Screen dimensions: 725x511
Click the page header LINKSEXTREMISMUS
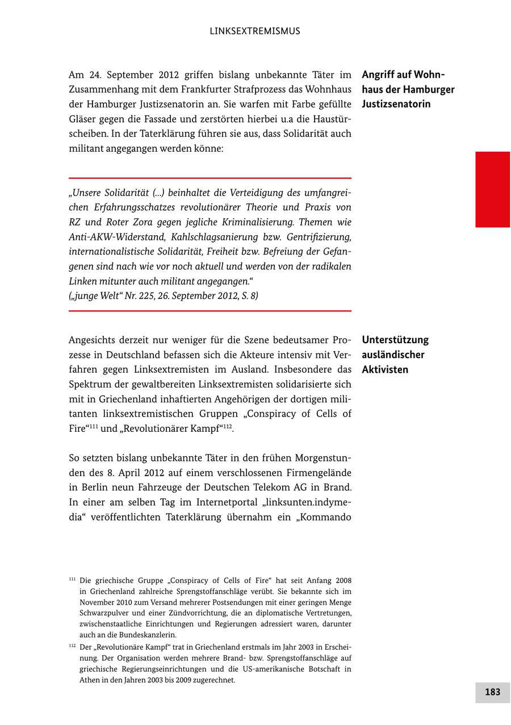[255, 31]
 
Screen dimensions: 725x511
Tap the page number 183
[492, 692]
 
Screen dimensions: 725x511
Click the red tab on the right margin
[492, 189]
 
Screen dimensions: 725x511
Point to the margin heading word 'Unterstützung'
[395, 340]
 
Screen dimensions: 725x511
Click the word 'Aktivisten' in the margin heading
[385, 370]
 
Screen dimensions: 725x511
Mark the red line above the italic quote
[210, 178]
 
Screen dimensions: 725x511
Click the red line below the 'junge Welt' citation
[210, 311]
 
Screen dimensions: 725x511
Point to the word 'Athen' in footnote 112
[89, 680]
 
